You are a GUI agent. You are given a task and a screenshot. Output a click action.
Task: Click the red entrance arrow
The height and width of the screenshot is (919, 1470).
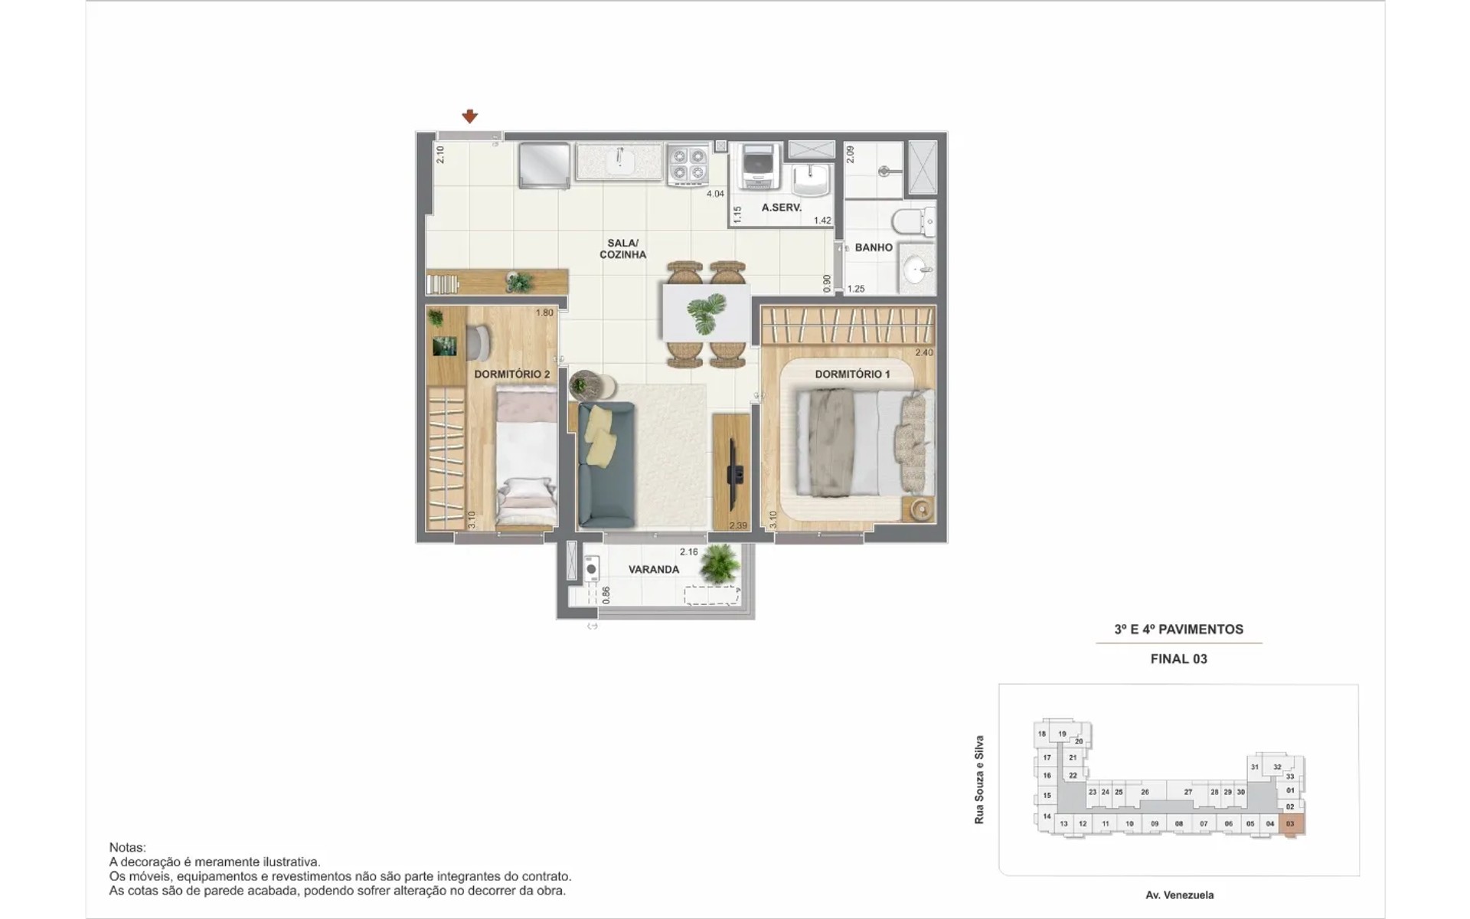(469, 116)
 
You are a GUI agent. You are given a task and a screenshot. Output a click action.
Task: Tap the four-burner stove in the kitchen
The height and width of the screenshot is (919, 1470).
(688, 165)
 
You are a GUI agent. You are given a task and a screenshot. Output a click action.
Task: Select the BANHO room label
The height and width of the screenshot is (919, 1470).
(874, 247)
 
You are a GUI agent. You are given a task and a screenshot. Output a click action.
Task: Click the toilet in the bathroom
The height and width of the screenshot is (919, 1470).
(913, 222)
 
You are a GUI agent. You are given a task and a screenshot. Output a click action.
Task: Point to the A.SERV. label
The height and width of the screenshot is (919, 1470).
(782, 208)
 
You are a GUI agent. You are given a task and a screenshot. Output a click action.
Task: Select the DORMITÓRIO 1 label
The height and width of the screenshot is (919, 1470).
(852, 374)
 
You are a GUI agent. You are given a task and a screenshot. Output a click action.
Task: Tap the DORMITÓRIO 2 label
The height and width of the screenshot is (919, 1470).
(511, 374)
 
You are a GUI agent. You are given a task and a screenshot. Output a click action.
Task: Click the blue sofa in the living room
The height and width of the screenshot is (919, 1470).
(606, 465)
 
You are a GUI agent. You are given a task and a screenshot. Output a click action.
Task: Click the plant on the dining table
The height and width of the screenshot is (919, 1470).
(706, 313)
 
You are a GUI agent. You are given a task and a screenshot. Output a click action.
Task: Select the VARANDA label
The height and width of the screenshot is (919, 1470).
(654, 570)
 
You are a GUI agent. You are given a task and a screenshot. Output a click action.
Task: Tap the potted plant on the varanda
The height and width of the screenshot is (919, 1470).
(720, 564)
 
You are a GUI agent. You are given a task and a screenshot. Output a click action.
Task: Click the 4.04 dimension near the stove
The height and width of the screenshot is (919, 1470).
(715, 194)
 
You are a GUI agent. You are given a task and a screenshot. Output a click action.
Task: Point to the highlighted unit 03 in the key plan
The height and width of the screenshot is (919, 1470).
(1291, 825)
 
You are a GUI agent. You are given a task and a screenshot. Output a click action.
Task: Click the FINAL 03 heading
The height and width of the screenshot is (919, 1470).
(1179, 659)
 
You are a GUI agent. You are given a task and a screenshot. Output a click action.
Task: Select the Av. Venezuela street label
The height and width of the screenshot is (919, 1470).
(1179, 894)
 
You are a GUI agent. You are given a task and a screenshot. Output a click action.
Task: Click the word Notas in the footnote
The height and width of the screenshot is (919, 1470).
(127, 848)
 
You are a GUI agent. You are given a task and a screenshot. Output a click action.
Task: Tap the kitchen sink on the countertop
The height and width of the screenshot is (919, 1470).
(619, 161)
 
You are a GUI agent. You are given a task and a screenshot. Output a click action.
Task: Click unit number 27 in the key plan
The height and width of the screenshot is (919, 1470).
(1187, 792)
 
